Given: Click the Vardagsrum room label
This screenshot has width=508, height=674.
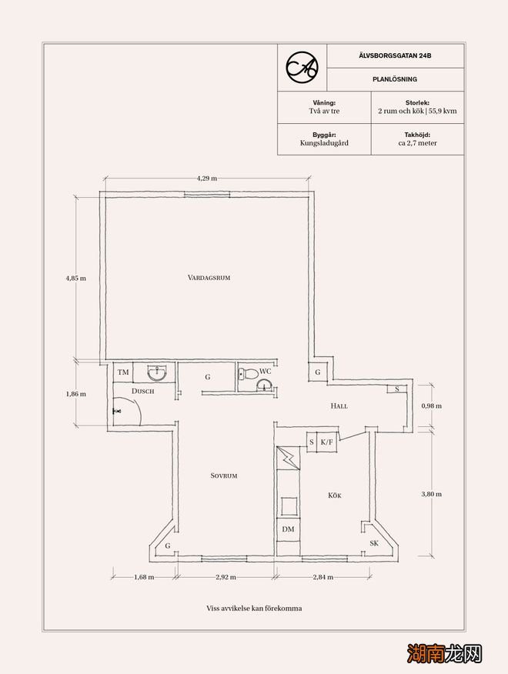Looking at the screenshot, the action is tap(209, 278).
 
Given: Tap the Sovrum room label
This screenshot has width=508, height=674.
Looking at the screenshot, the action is tap(224, 475).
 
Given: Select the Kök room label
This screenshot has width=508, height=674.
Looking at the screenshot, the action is tap(335, 495).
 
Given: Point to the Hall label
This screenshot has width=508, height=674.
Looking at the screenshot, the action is tap(339, 405).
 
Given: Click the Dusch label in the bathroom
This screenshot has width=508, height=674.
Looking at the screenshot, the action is tap(143, 391).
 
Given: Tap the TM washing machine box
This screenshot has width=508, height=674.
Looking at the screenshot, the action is tap(123, 372).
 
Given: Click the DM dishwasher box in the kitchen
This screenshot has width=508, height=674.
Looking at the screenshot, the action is tap(288, 529).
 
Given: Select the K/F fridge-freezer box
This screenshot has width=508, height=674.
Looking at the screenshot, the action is tap(327, 442).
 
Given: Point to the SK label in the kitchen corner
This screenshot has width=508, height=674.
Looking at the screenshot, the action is tap(374, 543).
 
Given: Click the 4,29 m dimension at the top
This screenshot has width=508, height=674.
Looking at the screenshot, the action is tap(207, 178).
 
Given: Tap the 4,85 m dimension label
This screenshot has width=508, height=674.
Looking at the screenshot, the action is tap(75, 278).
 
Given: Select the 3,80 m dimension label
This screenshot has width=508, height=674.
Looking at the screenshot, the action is tap(432, 494).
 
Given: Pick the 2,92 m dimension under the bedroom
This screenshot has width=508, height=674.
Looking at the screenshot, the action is tap(226, 577).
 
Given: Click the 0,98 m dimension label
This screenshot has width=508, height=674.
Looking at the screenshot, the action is tap(432, 405).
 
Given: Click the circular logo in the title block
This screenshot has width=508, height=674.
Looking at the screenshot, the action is tap(302, 68).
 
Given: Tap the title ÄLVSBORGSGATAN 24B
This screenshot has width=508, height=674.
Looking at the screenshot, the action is tap(396, 55).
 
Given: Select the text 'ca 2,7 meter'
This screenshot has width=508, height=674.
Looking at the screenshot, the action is tap(418, 143).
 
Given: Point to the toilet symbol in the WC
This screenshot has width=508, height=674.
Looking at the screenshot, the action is tap(247, 373).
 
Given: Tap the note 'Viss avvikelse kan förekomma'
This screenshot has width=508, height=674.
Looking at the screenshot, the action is tap(254, 609).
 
